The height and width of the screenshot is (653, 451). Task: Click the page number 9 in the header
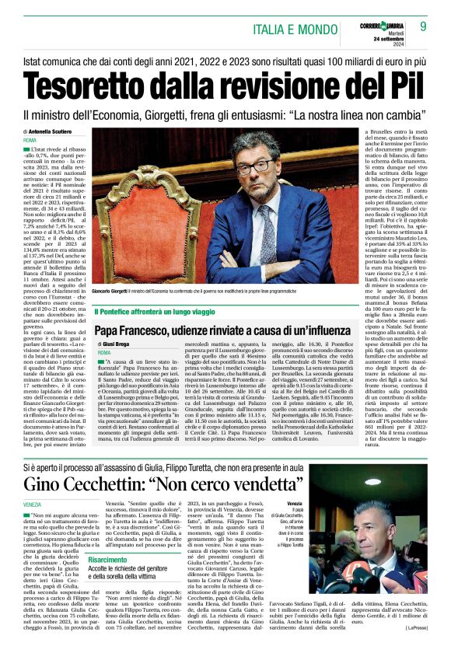coord(424,26)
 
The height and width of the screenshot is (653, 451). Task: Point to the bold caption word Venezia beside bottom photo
coord(295,505)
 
